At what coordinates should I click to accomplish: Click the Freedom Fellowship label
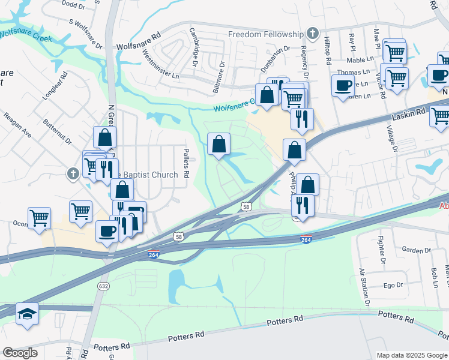tap(266, 34)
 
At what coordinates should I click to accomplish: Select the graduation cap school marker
tap(28, 314)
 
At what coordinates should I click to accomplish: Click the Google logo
tap(20, 353)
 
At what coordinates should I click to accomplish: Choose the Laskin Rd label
tap(411, 112)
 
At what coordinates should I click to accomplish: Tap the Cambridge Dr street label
tap(194, 46)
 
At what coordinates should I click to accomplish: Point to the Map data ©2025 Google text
tap(411, 355)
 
